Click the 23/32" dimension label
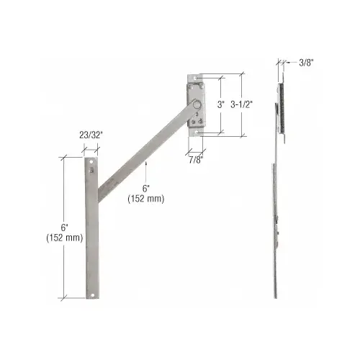coord(91,134)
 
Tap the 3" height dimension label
coord(222,104)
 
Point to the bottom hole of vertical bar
coord(91,293)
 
